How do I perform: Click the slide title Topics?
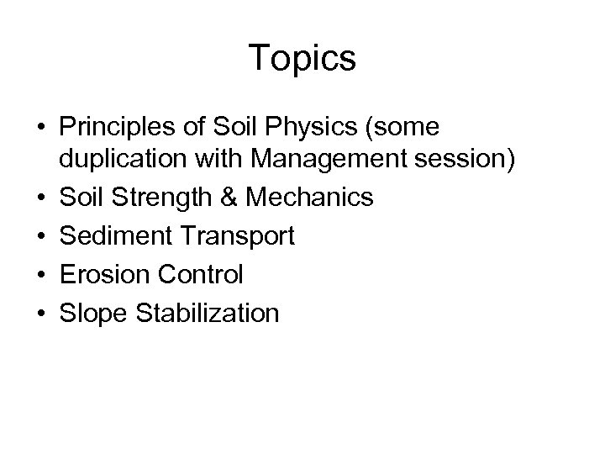click(302, 59)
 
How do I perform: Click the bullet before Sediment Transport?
click(40, 237)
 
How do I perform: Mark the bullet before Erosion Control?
click(40, 275)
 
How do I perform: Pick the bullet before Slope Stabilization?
click(40, 313)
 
